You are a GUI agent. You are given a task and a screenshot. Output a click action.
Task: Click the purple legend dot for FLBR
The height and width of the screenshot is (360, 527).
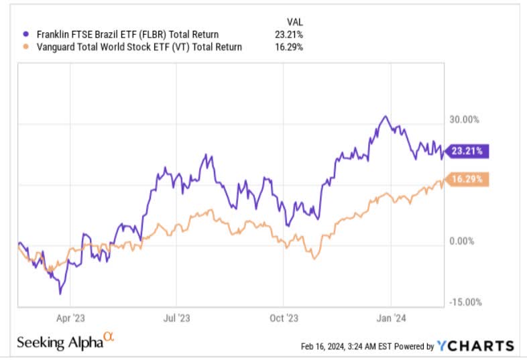coord(26,34)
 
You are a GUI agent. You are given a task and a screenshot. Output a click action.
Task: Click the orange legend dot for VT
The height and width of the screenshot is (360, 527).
coord(26,47)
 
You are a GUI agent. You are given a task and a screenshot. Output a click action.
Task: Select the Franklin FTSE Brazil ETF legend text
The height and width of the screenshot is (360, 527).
coord(127,34)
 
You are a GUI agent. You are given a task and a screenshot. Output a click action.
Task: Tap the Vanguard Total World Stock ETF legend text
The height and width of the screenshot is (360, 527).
coord(139,47)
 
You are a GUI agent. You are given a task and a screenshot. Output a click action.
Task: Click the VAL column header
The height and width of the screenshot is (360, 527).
coord(295,22)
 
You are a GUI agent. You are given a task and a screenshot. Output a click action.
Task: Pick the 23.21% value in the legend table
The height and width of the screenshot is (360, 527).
coord(289,34)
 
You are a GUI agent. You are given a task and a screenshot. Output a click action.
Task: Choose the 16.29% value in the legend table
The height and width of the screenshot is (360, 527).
coord(289,47)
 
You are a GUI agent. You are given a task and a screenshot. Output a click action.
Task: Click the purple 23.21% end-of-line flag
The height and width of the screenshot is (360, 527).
coord(467,151)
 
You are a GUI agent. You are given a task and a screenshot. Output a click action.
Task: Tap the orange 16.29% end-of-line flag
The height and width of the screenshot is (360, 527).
coord(467,179)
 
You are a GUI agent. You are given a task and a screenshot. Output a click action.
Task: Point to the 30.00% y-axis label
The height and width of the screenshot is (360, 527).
coord(464,119)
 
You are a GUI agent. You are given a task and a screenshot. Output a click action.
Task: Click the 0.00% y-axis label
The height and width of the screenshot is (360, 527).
coord(462,241)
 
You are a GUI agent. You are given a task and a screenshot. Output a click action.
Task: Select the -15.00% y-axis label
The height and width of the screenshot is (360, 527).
coord(465,302)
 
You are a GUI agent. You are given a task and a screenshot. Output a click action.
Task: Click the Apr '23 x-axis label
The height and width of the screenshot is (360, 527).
coord(70,318)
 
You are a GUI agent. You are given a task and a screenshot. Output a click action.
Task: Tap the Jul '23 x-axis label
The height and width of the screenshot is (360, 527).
coord(176,318)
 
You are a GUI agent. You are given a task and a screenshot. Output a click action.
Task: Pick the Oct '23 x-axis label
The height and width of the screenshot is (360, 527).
coord(284,318)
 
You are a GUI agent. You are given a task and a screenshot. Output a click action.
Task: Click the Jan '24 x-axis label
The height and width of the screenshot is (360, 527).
coord(391,318)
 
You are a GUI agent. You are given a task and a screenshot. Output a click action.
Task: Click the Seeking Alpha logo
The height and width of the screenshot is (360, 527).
coord(66,341)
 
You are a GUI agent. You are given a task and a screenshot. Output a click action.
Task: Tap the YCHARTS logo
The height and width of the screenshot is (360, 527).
coord(475,346)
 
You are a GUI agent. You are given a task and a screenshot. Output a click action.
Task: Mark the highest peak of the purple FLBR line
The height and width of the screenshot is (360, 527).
coord(386,116)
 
